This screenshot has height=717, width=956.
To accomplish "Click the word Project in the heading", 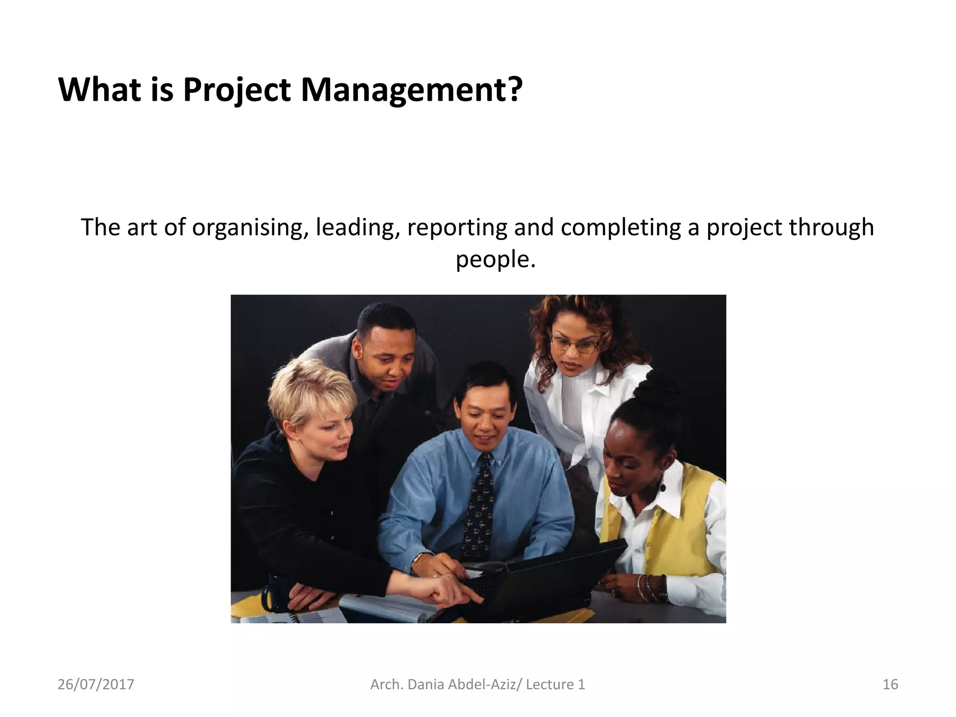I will [237, 90].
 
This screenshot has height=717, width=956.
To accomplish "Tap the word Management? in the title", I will [411, 90].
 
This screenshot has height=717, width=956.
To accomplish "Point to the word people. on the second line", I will [495, 260].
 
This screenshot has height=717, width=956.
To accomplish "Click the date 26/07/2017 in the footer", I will [96, 685].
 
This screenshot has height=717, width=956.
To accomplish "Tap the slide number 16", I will [890, 685].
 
